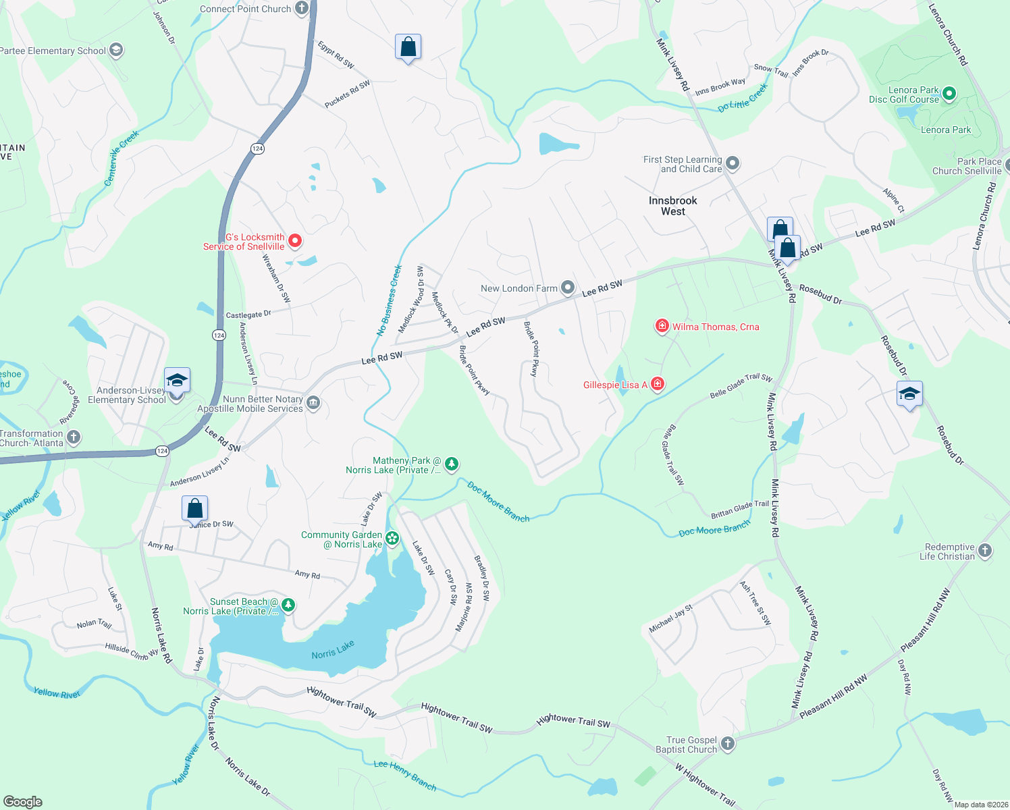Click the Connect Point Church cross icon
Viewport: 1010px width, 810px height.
pos(302,9)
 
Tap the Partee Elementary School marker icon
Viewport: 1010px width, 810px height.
pos(116,51)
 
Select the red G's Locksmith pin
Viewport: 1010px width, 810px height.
pos(295,240)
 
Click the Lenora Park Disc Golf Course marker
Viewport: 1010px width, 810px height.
pos(949,94)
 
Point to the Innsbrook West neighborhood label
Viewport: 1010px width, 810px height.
pos(672,206)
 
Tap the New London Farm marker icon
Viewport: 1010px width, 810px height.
pos(568,288)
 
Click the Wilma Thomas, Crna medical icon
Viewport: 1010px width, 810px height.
pos(662,327)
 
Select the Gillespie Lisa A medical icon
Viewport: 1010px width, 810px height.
pos(657,385)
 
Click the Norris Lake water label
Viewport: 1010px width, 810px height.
pos(333,650)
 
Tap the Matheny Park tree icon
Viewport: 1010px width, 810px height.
pos(452,464)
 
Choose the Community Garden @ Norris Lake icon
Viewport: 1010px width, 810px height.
pos(392,539)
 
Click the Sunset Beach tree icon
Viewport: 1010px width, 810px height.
pos(288,605)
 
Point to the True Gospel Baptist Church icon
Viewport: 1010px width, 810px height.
pos(727,744)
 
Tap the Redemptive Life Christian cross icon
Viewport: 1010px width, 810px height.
pos(985,551)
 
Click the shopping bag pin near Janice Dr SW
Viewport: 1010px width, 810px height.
pos(194,508)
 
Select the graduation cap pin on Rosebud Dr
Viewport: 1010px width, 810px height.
pos(909,394)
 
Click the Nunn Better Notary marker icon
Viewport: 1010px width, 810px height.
pos(313,404)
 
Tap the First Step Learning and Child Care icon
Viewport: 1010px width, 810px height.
pos(733,164)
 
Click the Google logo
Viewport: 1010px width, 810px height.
pos(22,801)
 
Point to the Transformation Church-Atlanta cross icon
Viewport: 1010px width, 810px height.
pos(74,437)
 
